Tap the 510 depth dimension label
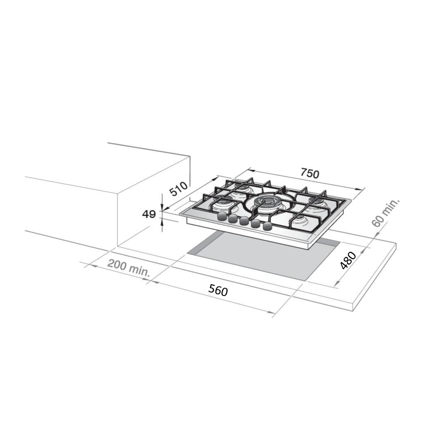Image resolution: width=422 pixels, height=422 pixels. tap(178, 189)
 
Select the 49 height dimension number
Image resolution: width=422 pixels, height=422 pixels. tap(149, 214)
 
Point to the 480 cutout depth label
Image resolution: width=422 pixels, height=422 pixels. tap(348, 260)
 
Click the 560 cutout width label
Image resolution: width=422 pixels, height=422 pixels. tap(218, 291)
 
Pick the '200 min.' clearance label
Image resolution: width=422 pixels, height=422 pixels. tap(129, 268)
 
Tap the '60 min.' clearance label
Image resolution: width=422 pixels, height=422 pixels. tap(385, 213)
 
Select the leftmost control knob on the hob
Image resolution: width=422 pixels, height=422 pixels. tap(222, 216)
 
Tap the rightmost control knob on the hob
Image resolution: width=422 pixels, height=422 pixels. tap(267, 226)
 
